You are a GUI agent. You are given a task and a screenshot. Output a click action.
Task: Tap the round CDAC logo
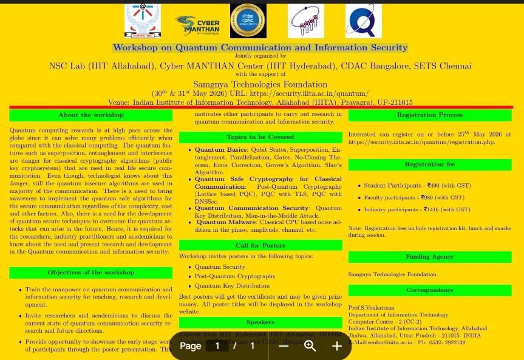tap(248, 21)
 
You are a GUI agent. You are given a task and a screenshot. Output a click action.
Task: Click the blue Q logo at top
tap(363, 21)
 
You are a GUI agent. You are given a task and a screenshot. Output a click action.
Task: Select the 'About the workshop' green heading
tap(91, 115)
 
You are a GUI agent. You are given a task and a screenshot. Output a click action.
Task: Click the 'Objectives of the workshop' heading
tap(91, 273)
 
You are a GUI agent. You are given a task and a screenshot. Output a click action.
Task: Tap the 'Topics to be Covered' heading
tap(260, 137)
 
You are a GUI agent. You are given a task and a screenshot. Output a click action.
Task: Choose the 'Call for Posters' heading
tap(260, 245)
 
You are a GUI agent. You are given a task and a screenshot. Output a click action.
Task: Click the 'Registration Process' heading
tap(429, 115)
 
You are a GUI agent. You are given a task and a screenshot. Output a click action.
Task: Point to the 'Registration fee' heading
tap(429, 165)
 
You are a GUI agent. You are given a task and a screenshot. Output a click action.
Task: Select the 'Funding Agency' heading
tap(429, 257)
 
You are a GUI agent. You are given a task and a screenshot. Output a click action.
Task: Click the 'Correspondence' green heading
tap(429, 290)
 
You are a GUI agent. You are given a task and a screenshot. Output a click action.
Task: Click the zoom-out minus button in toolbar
tap(284, 346)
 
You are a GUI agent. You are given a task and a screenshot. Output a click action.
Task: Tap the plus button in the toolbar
tap(337, 346)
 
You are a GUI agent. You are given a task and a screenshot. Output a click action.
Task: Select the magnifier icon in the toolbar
tap(310, 346)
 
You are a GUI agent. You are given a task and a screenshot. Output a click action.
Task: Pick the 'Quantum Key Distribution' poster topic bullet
tap(232, 286)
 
